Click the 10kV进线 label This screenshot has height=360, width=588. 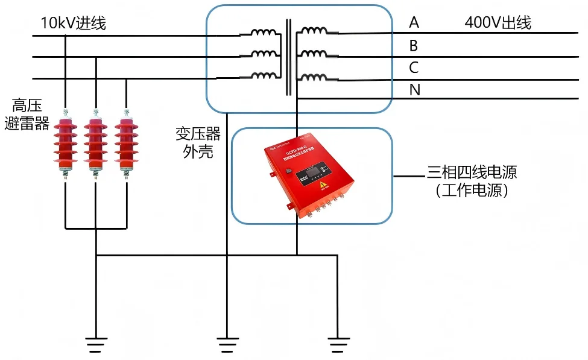tap(73, 24)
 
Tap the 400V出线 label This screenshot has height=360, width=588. tap(498, 23)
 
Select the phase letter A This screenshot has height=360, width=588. tap(414, 23)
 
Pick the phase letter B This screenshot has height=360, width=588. tap(414, 46)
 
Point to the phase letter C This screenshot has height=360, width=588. tap(414, 68)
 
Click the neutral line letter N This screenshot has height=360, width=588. tap(414, 90)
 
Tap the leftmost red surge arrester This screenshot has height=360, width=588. tap(65, 142)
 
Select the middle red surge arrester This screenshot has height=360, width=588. tap(95, 142)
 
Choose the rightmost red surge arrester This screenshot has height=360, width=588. tap(125, 142)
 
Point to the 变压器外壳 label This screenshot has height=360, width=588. tap(198, 142)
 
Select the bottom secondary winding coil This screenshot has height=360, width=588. tap(314, 77)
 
